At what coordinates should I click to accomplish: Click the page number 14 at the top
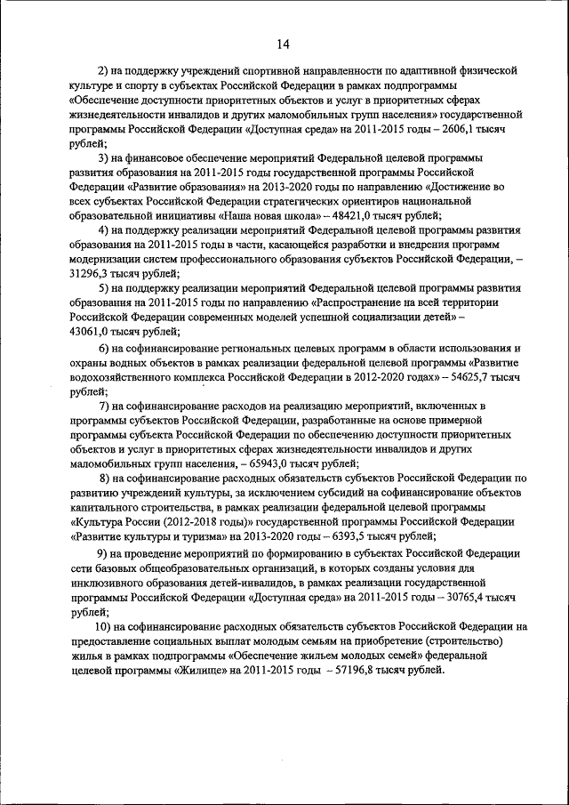point(283,44)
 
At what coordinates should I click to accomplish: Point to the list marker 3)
point(104,157)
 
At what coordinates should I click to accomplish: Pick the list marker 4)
point(104,230)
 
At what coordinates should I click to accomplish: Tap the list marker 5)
point(104,288)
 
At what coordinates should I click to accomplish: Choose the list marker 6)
point(104,347)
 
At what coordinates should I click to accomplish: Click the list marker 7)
point(104,406)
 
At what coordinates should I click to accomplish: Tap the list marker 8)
point(104,478)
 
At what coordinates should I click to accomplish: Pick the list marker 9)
point(104,551)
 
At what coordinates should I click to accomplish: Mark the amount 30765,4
point(461,596)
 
